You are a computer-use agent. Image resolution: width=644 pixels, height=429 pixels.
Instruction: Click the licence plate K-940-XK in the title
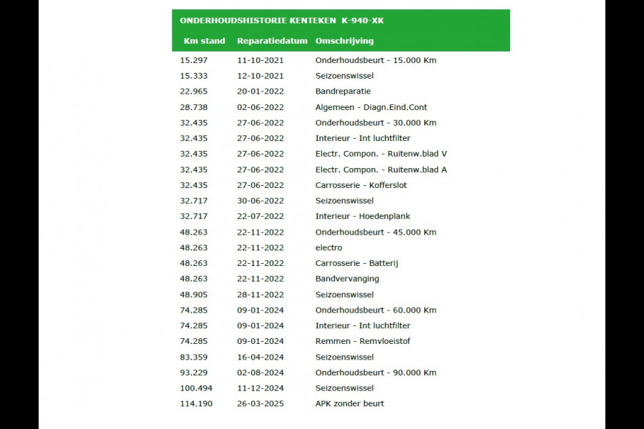[363, 21]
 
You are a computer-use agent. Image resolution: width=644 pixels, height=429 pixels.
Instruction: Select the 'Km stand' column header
[204, 41]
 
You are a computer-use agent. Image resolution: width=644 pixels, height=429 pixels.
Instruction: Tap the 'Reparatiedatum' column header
[272, 41]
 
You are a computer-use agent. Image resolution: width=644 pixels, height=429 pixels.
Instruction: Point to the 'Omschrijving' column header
[344, 41]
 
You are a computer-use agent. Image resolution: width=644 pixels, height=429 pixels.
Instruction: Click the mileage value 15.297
[194, 60]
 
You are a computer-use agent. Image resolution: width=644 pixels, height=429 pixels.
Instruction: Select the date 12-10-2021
[260, 76]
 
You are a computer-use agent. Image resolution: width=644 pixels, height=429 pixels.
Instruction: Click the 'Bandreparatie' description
[343, 92]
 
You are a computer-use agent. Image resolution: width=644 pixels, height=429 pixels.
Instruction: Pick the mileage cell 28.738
[194, 107]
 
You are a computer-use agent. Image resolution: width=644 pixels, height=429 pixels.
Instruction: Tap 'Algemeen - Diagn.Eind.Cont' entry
[371, 107]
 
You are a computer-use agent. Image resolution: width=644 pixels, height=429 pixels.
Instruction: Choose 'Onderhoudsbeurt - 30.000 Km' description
[376, 122]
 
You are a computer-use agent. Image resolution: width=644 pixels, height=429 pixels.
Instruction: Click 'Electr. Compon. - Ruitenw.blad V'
[381, 154]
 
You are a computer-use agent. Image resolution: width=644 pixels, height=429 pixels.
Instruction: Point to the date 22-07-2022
[260, 216]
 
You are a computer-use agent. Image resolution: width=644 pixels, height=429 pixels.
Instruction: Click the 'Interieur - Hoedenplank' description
[363, 216]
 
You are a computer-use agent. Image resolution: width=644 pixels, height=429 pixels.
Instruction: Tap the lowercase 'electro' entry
[328, 247]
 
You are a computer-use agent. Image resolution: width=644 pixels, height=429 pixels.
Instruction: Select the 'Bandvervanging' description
[347, 279]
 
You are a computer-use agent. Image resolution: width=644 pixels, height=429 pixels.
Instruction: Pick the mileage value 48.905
[194, 295]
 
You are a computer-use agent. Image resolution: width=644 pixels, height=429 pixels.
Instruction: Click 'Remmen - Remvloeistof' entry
[363, 341]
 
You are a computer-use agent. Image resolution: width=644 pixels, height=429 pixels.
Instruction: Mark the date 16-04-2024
[260, 357]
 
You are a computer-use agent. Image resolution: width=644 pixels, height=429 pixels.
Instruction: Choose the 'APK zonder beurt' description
[349, 404]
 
